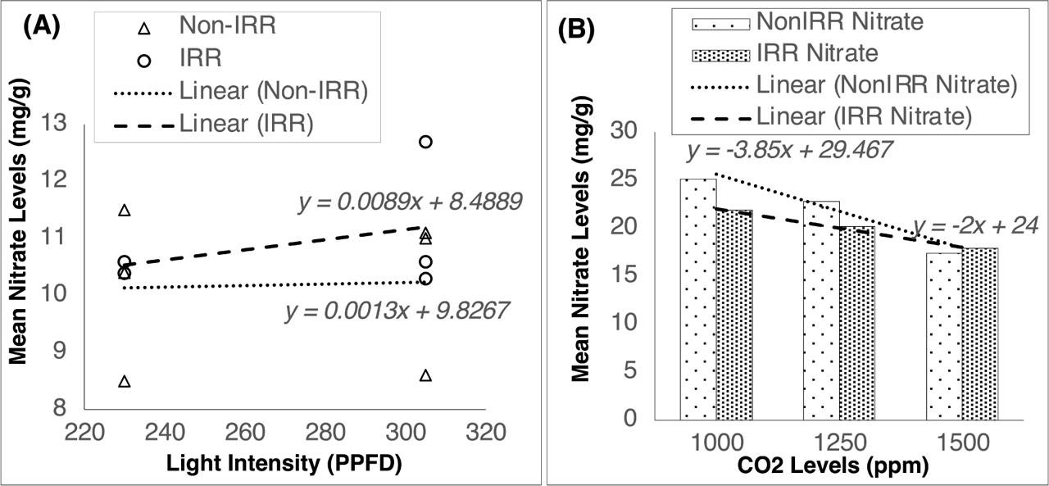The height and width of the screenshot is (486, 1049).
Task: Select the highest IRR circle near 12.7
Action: (425, 142)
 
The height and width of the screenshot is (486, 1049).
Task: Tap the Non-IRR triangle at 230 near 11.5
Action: (125, 211)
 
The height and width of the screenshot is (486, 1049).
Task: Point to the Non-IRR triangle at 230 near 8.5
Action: (125, 382)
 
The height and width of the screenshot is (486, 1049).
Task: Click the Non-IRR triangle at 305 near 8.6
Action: (425, 376)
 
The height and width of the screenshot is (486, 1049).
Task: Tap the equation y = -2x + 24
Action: (971, 225)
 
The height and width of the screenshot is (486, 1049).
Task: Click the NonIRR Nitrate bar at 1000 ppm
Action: (698, 298)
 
